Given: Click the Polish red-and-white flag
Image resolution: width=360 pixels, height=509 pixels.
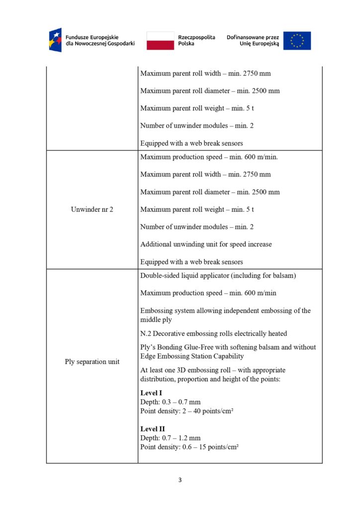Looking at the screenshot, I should tap(160, 40).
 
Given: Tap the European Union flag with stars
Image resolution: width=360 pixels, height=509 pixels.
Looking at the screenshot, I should tap(297, 40).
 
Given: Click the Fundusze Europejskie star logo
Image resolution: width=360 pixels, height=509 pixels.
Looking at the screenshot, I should tap(55, 40).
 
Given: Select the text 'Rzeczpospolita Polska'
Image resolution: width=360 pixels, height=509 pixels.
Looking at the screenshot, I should tap(196, 40).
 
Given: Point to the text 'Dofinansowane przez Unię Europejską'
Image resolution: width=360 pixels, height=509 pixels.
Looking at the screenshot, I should tap(253, 40).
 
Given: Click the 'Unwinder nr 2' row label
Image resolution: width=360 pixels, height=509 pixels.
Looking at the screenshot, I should tap(92, 209).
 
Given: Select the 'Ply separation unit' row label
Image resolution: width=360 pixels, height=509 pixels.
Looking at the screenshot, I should tap(92, 361).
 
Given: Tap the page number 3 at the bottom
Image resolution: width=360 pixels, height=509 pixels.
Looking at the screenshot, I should tap(180, 480).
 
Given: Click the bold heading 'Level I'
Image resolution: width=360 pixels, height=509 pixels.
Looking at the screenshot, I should tap(152, 393).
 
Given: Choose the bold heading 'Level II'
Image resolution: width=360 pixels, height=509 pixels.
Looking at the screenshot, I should tap(153, 428).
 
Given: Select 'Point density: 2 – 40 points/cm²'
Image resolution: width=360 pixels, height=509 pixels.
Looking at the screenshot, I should tap(187, 411).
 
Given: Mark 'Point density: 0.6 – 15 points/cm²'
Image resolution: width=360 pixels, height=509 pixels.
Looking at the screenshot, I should tap(189, 446).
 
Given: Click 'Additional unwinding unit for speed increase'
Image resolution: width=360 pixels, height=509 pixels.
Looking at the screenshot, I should tap(206, 244).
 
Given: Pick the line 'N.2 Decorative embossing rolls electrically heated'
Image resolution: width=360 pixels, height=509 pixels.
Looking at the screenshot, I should tap(213, 333).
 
